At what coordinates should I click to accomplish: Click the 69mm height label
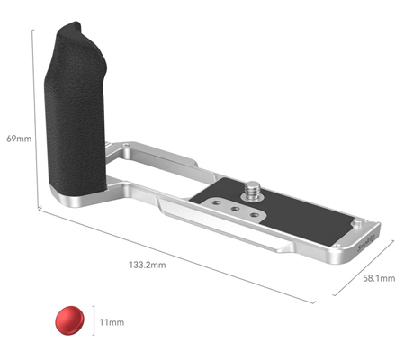point(17,139)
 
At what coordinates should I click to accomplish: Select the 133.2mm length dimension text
point(148,264)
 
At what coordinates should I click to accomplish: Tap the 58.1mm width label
point(379,279)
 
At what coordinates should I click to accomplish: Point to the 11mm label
point(112,320)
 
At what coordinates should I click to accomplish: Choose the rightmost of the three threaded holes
point(257,216)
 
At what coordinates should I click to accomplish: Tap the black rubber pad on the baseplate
point(297,216)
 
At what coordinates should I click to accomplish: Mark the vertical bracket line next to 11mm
point(94,320)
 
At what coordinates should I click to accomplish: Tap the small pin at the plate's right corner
point(357,220)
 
